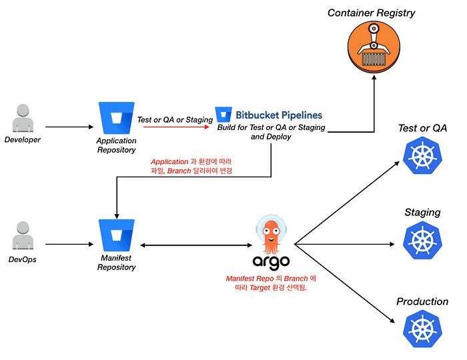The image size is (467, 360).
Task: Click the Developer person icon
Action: [23, 119]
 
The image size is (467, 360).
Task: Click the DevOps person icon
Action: [23, 237]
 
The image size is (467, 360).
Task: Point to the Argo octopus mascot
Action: [270, 233]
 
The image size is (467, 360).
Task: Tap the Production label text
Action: [422, 301]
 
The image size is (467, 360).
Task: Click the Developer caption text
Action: [23, 140]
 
